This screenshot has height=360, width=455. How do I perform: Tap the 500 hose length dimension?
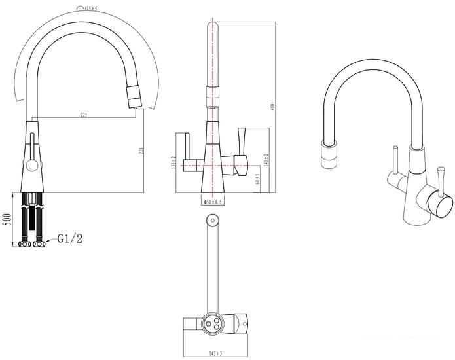(7, 219)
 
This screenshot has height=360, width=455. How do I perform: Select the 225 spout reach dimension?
(84, 115)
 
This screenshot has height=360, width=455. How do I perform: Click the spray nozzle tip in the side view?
(132, 97)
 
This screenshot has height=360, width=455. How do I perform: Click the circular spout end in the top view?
(211, 221)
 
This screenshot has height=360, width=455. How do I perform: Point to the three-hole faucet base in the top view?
(213, 323)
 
